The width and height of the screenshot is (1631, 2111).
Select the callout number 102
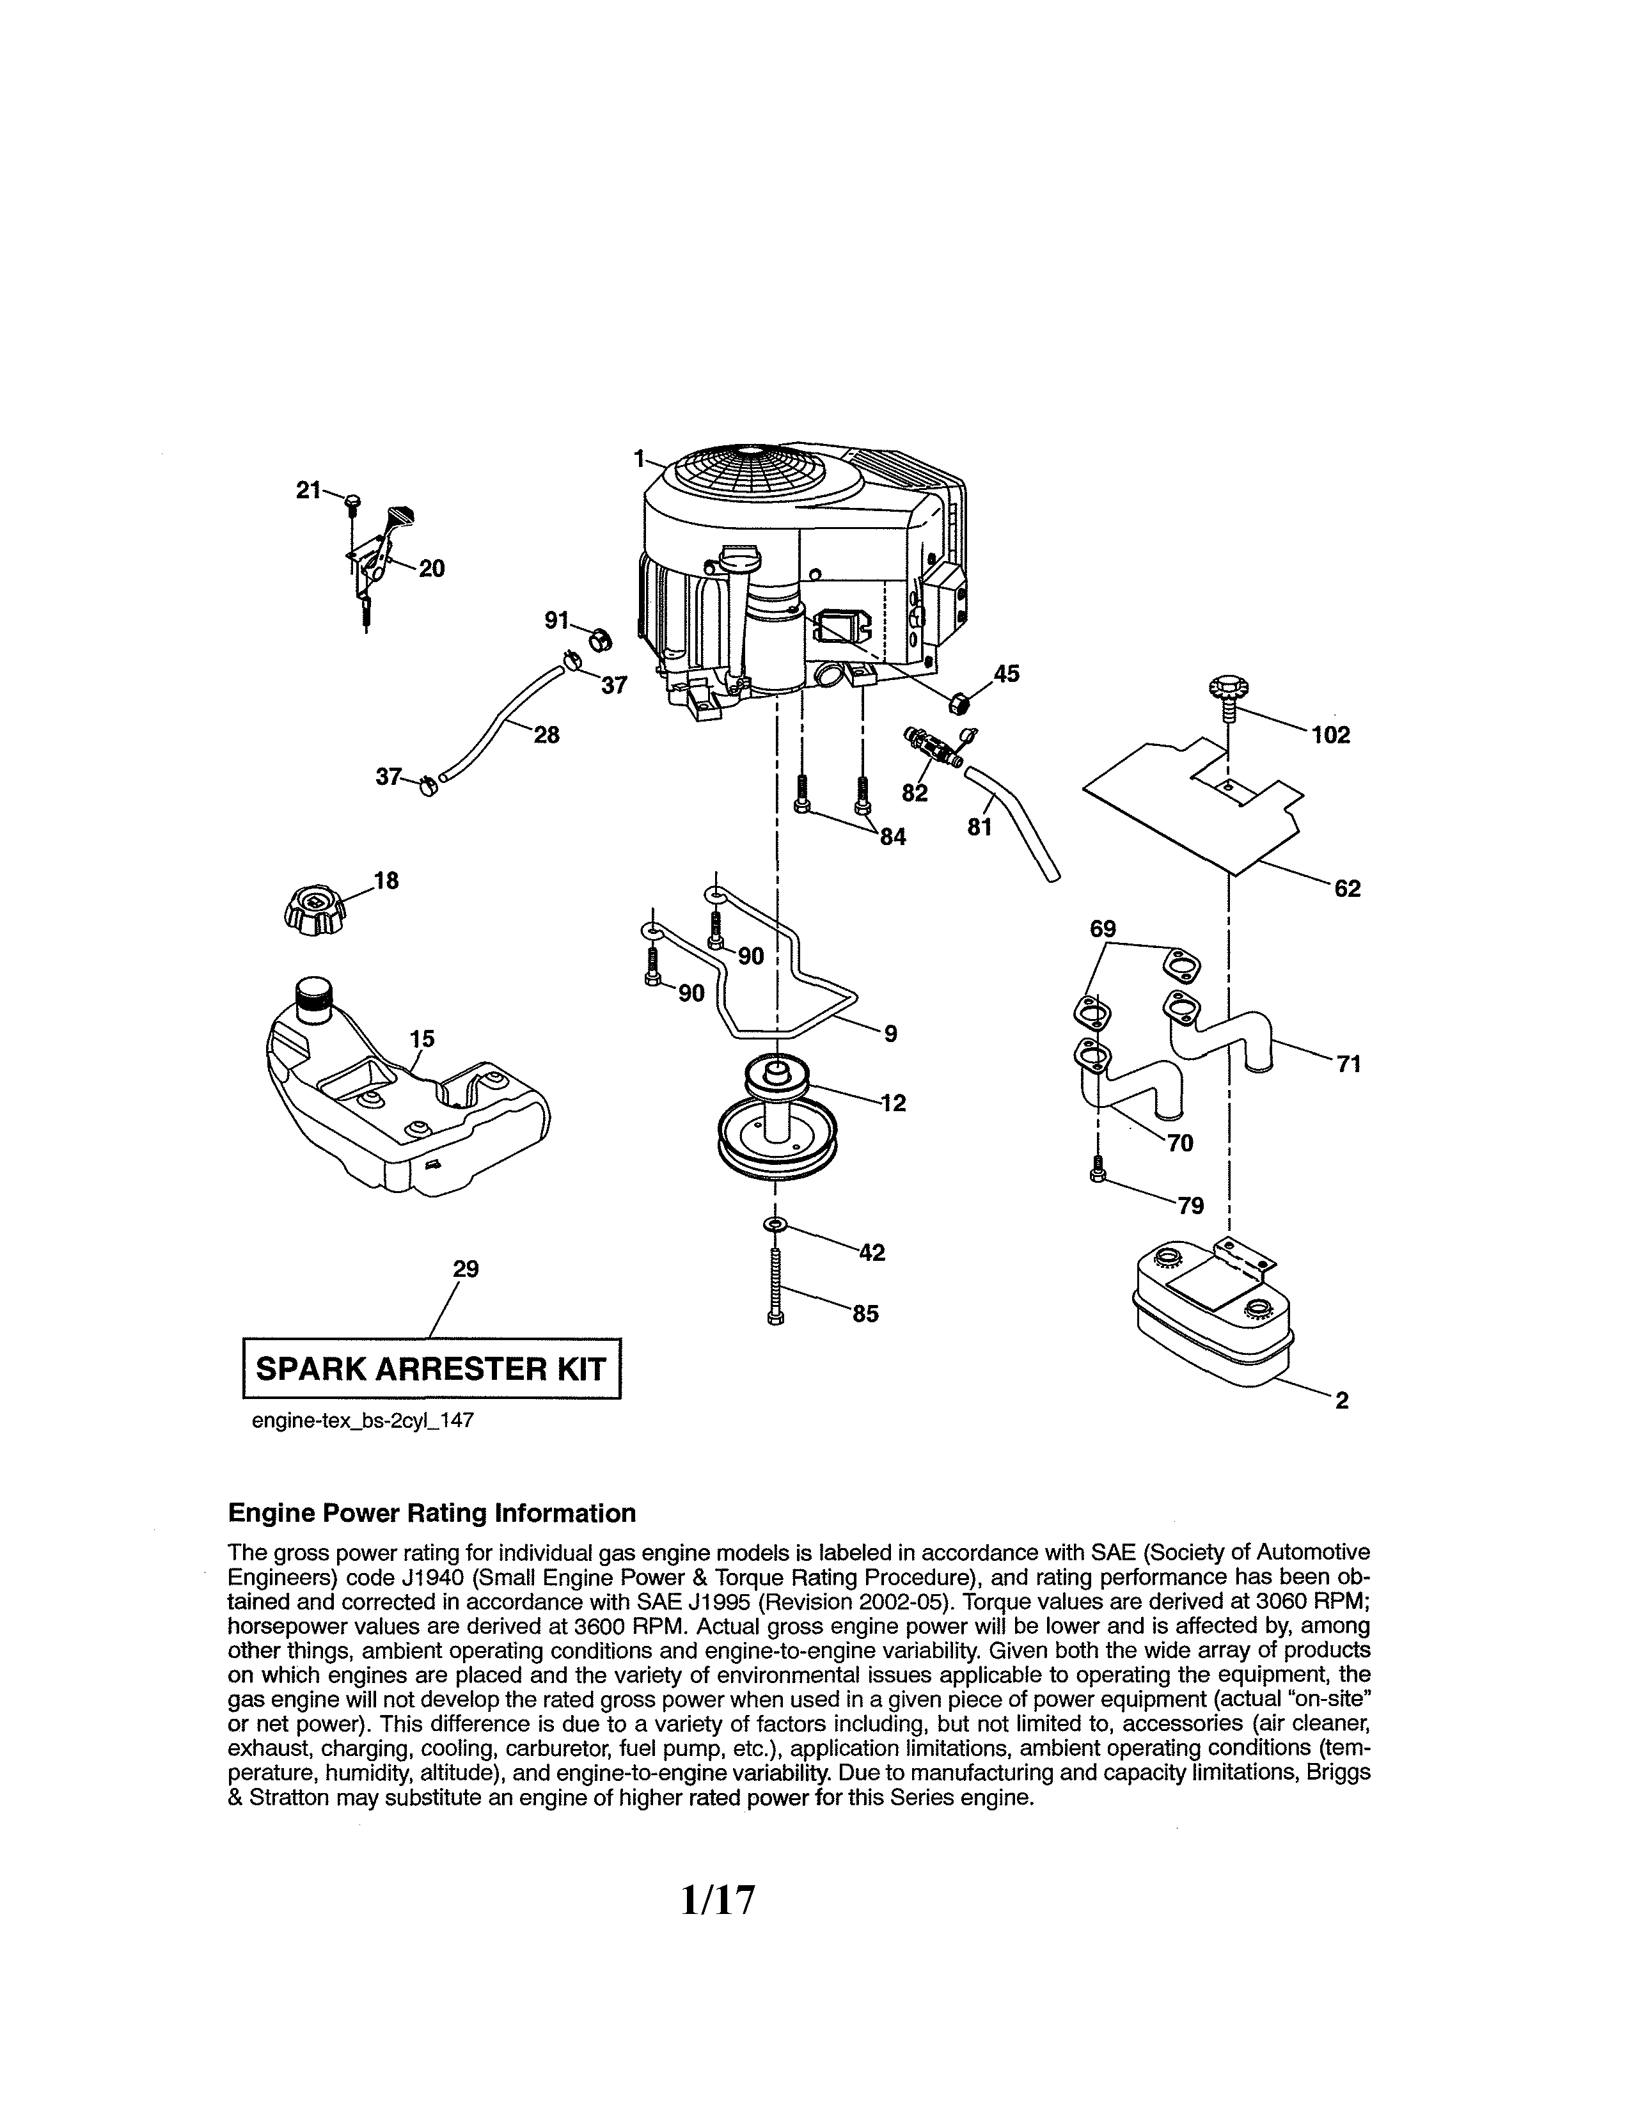(1330, 736)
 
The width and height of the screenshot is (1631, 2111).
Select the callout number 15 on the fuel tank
(422, 1039)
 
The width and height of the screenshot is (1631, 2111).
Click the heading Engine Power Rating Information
(431, 1513)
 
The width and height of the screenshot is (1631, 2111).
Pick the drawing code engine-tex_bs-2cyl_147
(362, 1422)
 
